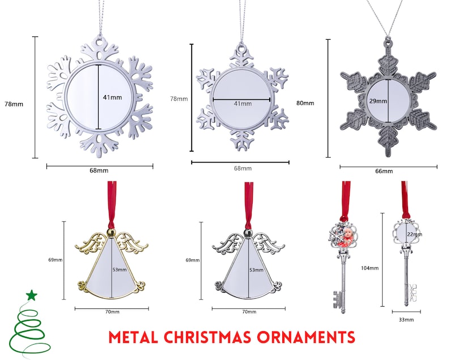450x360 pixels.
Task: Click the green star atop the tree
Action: click(x=32, y=295)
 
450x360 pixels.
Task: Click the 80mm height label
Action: click(x=305, y=103)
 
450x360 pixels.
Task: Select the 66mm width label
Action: click(x=384, y=171)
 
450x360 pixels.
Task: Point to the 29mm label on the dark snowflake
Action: click(x=378, y=101)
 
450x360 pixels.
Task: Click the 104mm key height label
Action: click(x=370, y=268)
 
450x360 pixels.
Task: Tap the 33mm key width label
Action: click(x=406, y=320)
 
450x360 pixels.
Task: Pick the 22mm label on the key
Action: click(x=414, y=234)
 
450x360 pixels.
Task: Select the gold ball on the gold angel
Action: click(x=111, y=232)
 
